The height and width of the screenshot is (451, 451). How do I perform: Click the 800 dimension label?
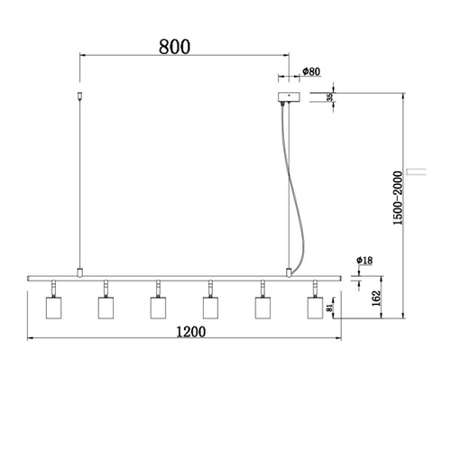point(174,47)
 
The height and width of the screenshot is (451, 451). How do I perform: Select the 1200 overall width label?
point(191,332)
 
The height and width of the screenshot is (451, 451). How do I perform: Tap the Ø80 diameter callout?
point(311,71)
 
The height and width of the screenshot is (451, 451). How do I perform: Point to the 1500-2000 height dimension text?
point(398,198)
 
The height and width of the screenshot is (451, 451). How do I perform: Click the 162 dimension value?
point(376,299)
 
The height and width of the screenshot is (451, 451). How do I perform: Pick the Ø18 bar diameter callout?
point(364,260)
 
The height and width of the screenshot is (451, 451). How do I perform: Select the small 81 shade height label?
point(329,308)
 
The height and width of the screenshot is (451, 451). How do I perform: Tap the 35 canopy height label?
point(329,97)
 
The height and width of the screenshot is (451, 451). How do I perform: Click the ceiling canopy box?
point(289,97)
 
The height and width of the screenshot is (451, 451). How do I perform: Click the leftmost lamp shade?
point(53,308)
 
